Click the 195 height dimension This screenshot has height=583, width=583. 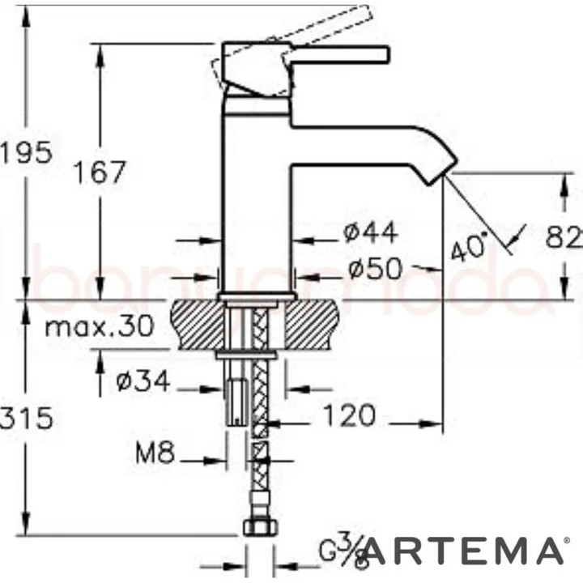pyautogui.click(x=24, y=152)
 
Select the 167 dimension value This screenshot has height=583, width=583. pyautogui.click(x=100, y=171)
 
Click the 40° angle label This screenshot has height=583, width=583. pyautogui.click(x=470, y=247)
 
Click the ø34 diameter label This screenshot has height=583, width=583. pyautogui.click(x=144, y=381)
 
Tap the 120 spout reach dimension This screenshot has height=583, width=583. pyautogui.click(x=349, y=415)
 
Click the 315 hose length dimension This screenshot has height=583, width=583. pyautogui.click(x=24, y=419)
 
